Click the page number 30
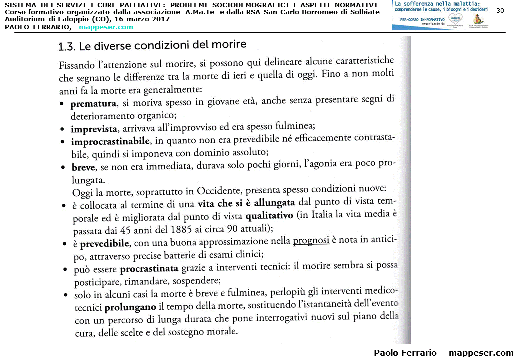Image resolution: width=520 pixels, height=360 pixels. [500, 11]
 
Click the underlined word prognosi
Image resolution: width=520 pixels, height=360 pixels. [311, 241]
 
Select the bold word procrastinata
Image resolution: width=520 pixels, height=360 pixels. [149, 268]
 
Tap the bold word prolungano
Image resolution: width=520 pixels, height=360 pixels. [130, 306]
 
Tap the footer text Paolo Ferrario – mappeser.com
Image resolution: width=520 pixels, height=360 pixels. [443, 353]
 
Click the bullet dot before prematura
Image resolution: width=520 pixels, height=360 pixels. [61, 105]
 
